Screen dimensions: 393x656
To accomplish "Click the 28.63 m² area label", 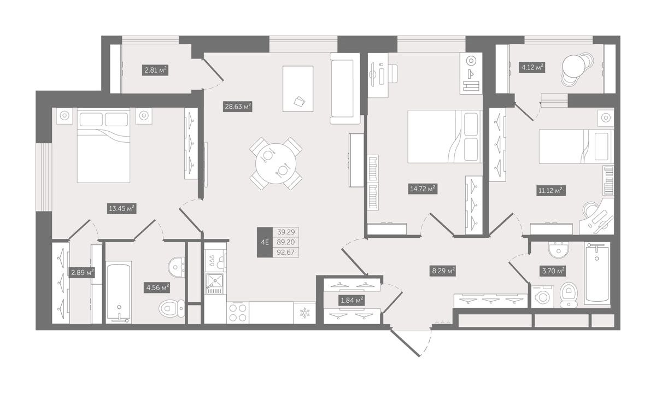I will (238, 107).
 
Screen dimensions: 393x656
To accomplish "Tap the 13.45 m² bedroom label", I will (122, 208).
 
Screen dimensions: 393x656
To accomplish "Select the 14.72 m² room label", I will (423, 189).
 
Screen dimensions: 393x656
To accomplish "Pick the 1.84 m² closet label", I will (352, 300).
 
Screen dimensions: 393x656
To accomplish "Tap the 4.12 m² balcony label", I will (532, 68).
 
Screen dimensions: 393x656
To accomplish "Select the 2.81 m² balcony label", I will (155, 70).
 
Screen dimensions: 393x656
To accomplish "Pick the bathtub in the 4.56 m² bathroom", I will (118, 292).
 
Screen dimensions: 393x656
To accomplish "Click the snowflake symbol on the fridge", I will (303, 313).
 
